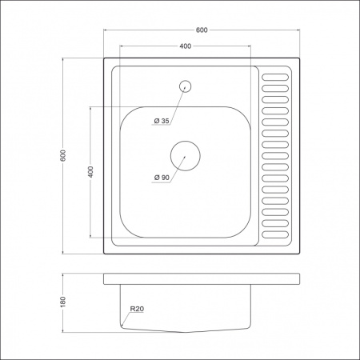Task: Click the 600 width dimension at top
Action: tap(202, 30)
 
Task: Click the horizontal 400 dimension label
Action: tap(186, 46)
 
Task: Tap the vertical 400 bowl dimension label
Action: tap(90, 171)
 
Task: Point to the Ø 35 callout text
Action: tap(161, 121)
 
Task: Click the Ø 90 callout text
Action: tap(161, 178)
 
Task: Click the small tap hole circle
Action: tap(186, 85)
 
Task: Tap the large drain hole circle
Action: tap(185, 154)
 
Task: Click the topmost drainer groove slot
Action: tap(275, 78)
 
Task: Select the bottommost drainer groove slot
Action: tap(275, 236)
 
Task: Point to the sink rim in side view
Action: tap(202, 278)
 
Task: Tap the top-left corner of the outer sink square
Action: tap(105, 58)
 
